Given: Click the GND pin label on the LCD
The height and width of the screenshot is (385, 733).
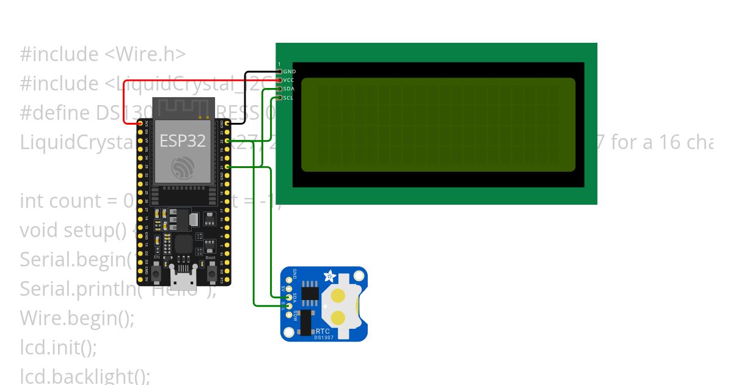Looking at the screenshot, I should click(x=290, y=71).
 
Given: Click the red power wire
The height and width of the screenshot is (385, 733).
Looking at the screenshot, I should click(x=125, y=101).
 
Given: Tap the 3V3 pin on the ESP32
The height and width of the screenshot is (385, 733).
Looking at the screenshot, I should click(x=140, y=123).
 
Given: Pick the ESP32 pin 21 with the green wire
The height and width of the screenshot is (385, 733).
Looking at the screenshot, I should click(x=227, y=166).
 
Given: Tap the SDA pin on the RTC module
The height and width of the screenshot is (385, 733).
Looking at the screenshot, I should click(x=282, y=298).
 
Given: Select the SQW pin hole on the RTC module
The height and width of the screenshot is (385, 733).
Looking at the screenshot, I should click(x=282, y=315).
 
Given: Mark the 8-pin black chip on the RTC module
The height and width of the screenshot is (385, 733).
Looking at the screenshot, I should click(x=310, y=292).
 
